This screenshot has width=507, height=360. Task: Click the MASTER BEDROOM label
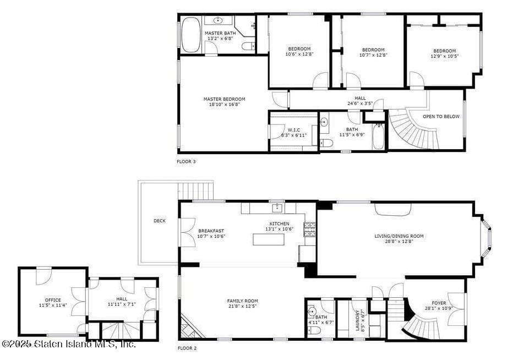(x=224, y=100)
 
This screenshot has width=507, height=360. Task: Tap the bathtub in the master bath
(x=191, y=35)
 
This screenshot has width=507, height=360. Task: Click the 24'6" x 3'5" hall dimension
(x=360, y=103)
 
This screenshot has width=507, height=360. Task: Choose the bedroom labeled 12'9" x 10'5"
(x=444, y=53)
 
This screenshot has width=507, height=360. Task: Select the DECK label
(x=159, y=221)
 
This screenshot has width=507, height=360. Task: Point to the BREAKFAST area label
(x=211, y=231)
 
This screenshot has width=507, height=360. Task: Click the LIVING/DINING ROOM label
(x=399, y=236)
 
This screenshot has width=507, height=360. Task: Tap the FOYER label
(x=439, y=303)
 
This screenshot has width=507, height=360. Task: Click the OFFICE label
(x=53, y=300)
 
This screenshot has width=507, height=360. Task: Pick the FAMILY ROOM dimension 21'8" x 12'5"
(x=242, y=307)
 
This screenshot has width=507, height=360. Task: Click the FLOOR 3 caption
(x=186, y=162)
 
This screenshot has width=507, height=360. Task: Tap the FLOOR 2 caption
(x=187, y=348)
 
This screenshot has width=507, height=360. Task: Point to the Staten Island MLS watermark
(x=68, y=344)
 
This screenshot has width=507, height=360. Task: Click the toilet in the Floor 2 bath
(x=313, y=330)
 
